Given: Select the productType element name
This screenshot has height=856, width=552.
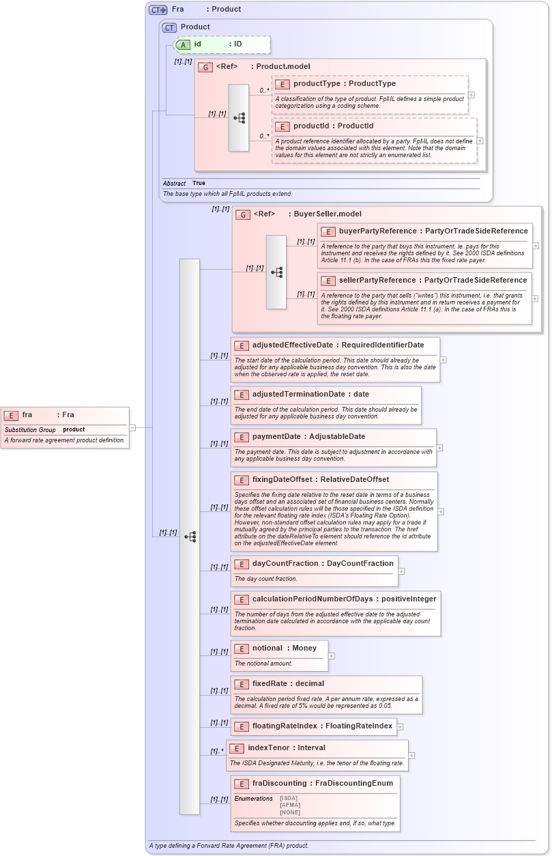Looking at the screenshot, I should pos(317,84).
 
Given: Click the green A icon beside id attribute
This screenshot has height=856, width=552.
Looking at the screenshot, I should pos(183,44).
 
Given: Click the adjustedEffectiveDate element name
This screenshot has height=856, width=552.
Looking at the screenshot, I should pos(292,345).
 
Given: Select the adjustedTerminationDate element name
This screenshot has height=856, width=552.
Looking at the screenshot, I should pos(298,395).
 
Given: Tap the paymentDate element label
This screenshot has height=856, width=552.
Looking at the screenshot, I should pos(276,437).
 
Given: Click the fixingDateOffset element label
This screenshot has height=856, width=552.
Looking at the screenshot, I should pos(282,480).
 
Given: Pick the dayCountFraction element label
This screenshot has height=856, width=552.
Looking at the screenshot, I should pos(284,564).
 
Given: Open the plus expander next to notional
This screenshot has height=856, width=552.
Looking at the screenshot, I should pos(332,656).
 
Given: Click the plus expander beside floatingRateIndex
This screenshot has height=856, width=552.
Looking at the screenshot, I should pos(401,727).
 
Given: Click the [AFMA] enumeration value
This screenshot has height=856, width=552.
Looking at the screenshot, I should pos(289,805).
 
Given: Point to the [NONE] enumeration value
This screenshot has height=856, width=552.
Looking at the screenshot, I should pos(289,812).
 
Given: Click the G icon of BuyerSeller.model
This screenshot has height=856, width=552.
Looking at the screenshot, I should pos(242,215).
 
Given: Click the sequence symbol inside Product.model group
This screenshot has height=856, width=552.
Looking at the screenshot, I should pos(239,118).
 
